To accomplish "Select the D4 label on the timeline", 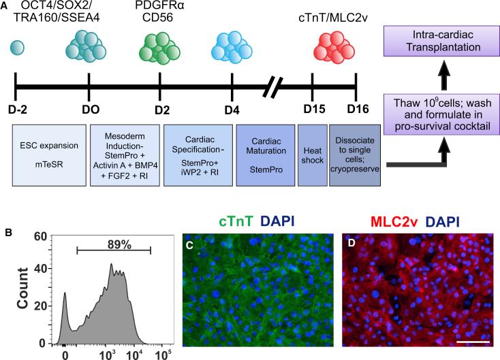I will (x=232, y=110).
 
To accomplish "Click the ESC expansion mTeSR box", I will (x=50, y=156).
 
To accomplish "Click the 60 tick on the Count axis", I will (x=41, y=236).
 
